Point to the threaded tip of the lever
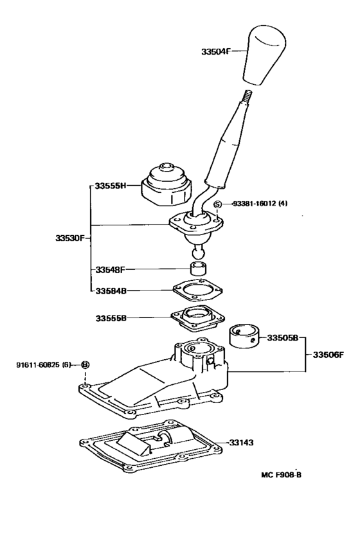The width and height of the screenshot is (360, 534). point(244,96)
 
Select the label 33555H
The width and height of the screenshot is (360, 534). point(109,186)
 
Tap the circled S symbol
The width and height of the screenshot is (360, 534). point(217,204)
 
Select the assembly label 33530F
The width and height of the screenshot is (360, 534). point(69,237)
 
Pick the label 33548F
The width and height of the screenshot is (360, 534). point(109,269)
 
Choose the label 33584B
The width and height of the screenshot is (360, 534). point(109,290)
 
